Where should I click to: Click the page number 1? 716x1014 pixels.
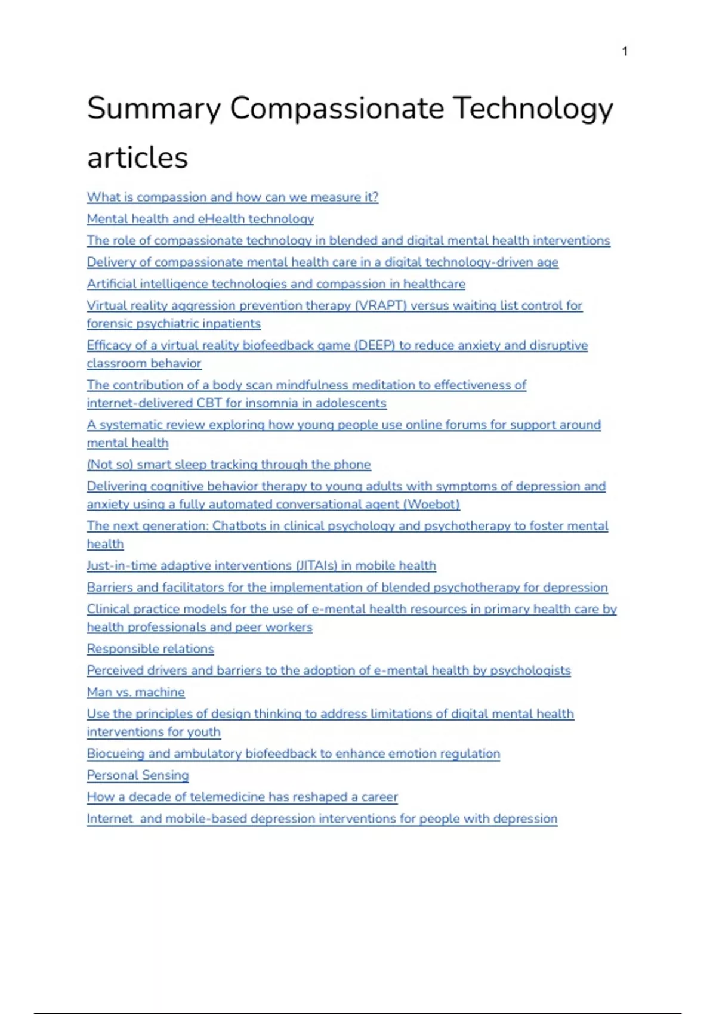625,51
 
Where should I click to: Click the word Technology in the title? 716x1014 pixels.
533,109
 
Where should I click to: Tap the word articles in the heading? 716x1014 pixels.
137,158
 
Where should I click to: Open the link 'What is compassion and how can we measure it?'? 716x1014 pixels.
232,197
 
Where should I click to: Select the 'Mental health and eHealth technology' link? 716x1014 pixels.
200,219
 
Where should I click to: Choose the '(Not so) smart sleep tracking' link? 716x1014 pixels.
229,465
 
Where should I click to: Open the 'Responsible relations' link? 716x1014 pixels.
150,649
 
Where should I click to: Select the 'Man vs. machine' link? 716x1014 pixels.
135,693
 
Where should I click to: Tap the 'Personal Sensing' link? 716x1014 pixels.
138,775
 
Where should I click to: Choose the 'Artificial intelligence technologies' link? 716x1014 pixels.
276,284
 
